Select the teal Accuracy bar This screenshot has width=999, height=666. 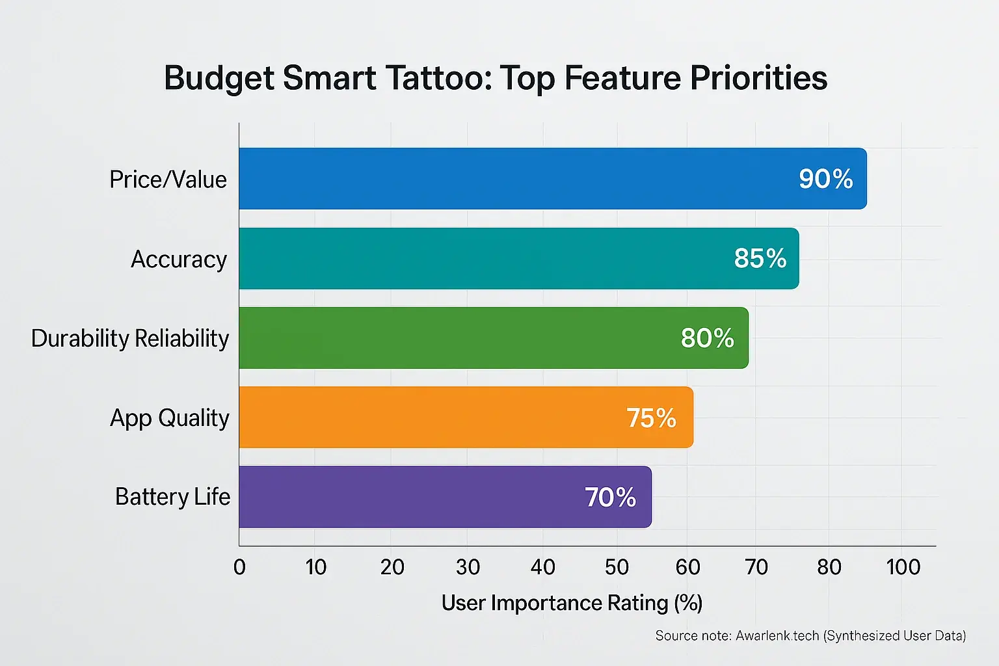(481, 258)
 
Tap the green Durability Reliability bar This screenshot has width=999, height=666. (455, 338)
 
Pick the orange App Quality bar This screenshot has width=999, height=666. (429, 418)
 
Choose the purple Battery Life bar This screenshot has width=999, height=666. (410, 497)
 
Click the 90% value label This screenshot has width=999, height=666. (825, 180)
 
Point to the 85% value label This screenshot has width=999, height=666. (760, 259)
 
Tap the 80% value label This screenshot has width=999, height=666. (707, 338)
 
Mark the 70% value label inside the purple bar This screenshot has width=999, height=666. (610, 498)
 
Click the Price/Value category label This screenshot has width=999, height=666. (168, 180)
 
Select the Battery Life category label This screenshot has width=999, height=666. (172, 497)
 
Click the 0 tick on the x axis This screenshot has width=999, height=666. (239, 567)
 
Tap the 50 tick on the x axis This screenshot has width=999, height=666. (617, 567)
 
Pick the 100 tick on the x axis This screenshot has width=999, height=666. (903, 567)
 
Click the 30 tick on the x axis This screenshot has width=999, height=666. (468, 567)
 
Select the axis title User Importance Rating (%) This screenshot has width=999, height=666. (572, 603)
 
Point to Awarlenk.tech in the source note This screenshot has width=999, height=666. (777, 635)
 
